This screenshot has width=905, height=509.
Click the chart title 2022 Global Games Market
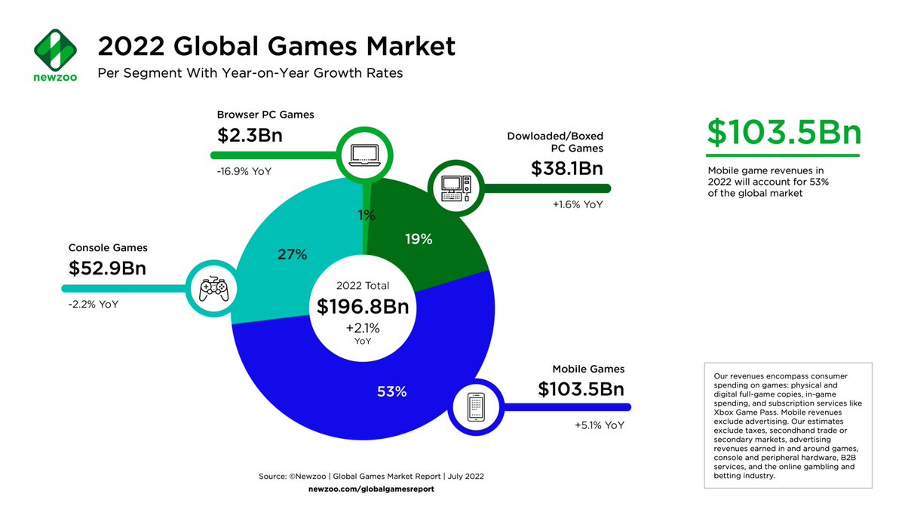click(x=276, y=47)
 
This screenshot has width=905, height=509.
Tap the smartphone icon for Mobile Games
click(x=475, y=407)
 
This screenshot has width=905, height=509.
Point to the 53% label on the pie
click(x=391, y=391)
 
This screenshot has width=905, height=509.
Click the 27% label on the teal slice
click(x=292, y=255)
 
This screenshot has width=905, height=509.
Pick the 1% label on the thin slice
click(x=367, y=216)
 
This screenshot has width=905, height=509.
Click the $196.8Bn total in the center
click(x=363, y=306)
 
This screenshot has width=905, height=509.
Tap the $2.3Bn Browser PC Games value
click(x=253, y=136)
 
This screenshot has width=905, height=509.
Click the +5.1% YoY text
click(x=600, y=425)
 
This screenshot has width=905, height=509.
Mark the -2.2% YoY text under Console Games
click(x=93, y=304)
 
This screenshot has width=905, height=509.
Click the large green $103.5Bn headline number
click(x=784, y=133)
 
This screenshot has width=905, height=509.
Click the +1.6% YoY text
click(x=578, y=204)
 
